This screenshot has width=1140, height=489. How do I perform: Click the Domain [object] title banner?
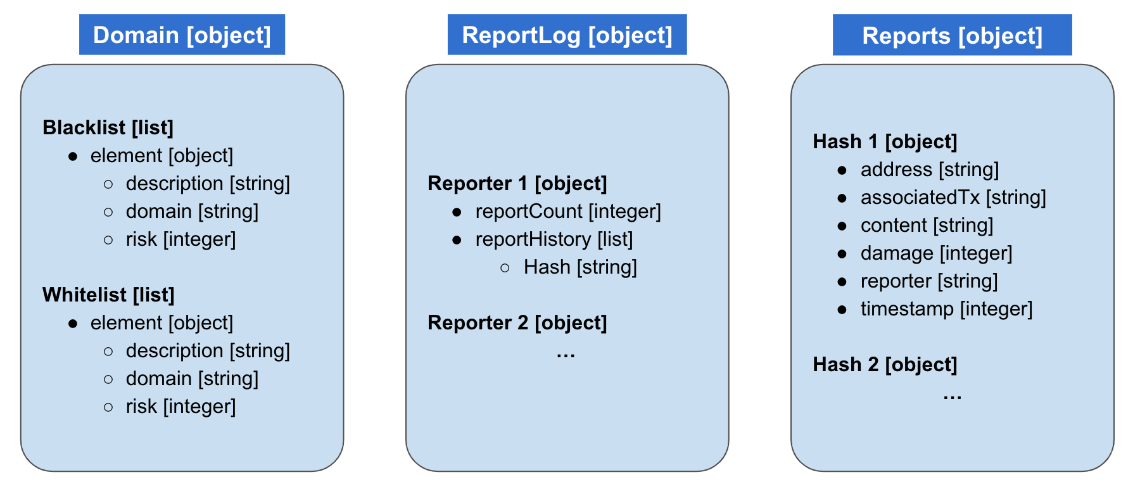click(x=182, y=35)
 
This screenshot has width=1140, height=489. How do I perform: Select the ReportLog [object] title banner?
click(x=567, y=35)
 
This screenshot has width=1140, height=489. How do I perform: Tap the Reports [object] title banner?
click(x=952, y=35)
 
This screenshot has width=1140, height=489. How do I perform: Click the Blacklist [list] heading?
click(x=108, y=127)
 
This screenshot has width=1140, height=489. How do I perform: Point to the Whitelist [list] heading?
click(x=108, y=295)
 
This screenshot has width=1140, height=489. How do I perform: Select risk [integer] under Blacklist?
click(x=180, y=239)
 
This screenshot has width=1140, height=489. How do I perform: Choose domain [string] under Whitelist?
click(x=192, y=379)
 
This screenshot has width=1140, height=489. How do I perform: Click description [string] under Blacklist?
click(x=208, y=184)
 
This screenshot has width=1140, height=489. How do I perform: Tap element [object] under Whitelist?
click(x=161, y=323)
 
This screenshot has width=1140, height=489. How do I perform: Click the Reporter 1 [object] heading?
click(x=517, y=183)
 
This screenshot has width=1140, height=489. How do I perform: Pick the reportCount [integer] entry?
click(x=567, y=212)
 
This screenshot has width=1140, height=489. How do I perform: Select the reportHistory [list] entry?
click(x=554, y=239)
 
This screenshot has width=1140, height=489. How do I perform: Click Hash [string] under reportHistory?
click(x=579, y=267)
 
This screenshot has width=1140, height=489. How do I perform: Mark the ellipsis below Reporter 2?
click(x=566, y=355)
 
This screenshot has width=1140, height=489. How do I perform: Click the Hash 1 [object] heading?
click(x=885, y=141)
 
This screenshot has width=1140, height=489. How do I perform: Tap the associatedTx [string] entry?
click(x=953, y=198)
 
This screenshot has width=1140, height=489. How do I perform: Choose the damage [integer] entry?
click(x=936, y=253)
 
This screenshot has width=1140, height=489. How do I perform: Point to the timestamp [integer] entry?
click(x=946, y=309)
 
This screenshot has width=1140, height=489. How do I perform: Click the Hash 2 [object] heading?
click(x=885, y=364)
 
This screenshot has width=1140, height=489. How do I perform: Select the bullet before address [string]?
click(x=842, y=170)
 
